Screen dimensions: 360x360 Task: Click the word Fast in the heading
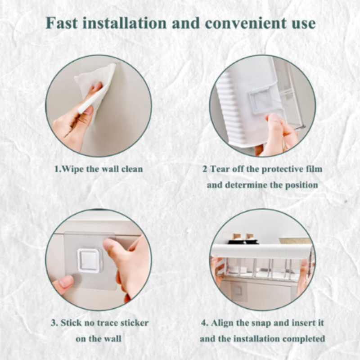point(62,23)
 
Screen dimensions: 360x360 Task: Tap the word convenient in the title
point(246,23)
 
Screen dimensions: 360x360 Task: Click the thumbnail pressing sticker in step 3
point(109,243)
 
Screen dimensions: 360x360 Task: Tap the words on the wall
point(99,339)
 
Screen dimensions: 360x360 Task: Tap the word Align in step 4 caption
point(222,323)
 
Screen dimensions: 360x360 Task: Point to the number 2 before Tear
point(205,169)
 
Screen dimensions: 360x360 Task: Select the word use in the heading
point(303,24)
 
